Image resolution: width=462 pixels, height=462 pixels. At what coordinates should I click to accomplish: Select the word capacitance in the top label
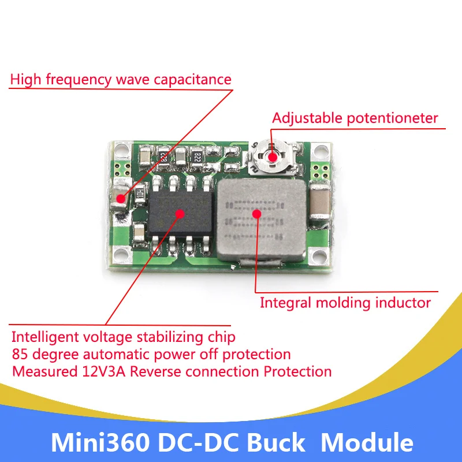pos(194,79)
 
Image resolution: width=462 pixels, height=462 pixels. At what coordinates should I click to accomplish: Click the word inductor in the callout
pos(404,302)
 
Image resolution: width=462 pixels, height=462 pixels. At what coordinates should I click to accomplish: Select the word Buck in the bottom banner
pos(280,443)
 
